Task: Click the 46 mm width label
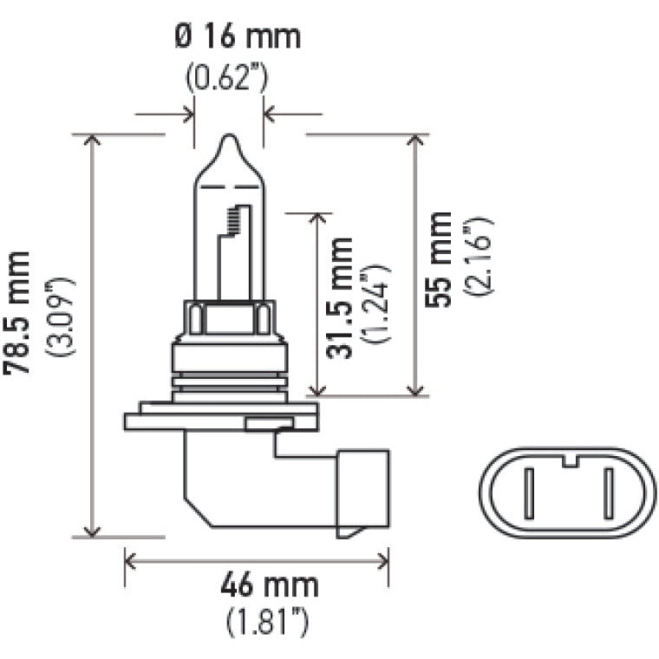[x=268, y=585]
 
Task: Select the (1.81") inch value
[x=269, y=621]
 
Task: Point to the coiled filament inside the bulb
[x=232, y=221]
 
